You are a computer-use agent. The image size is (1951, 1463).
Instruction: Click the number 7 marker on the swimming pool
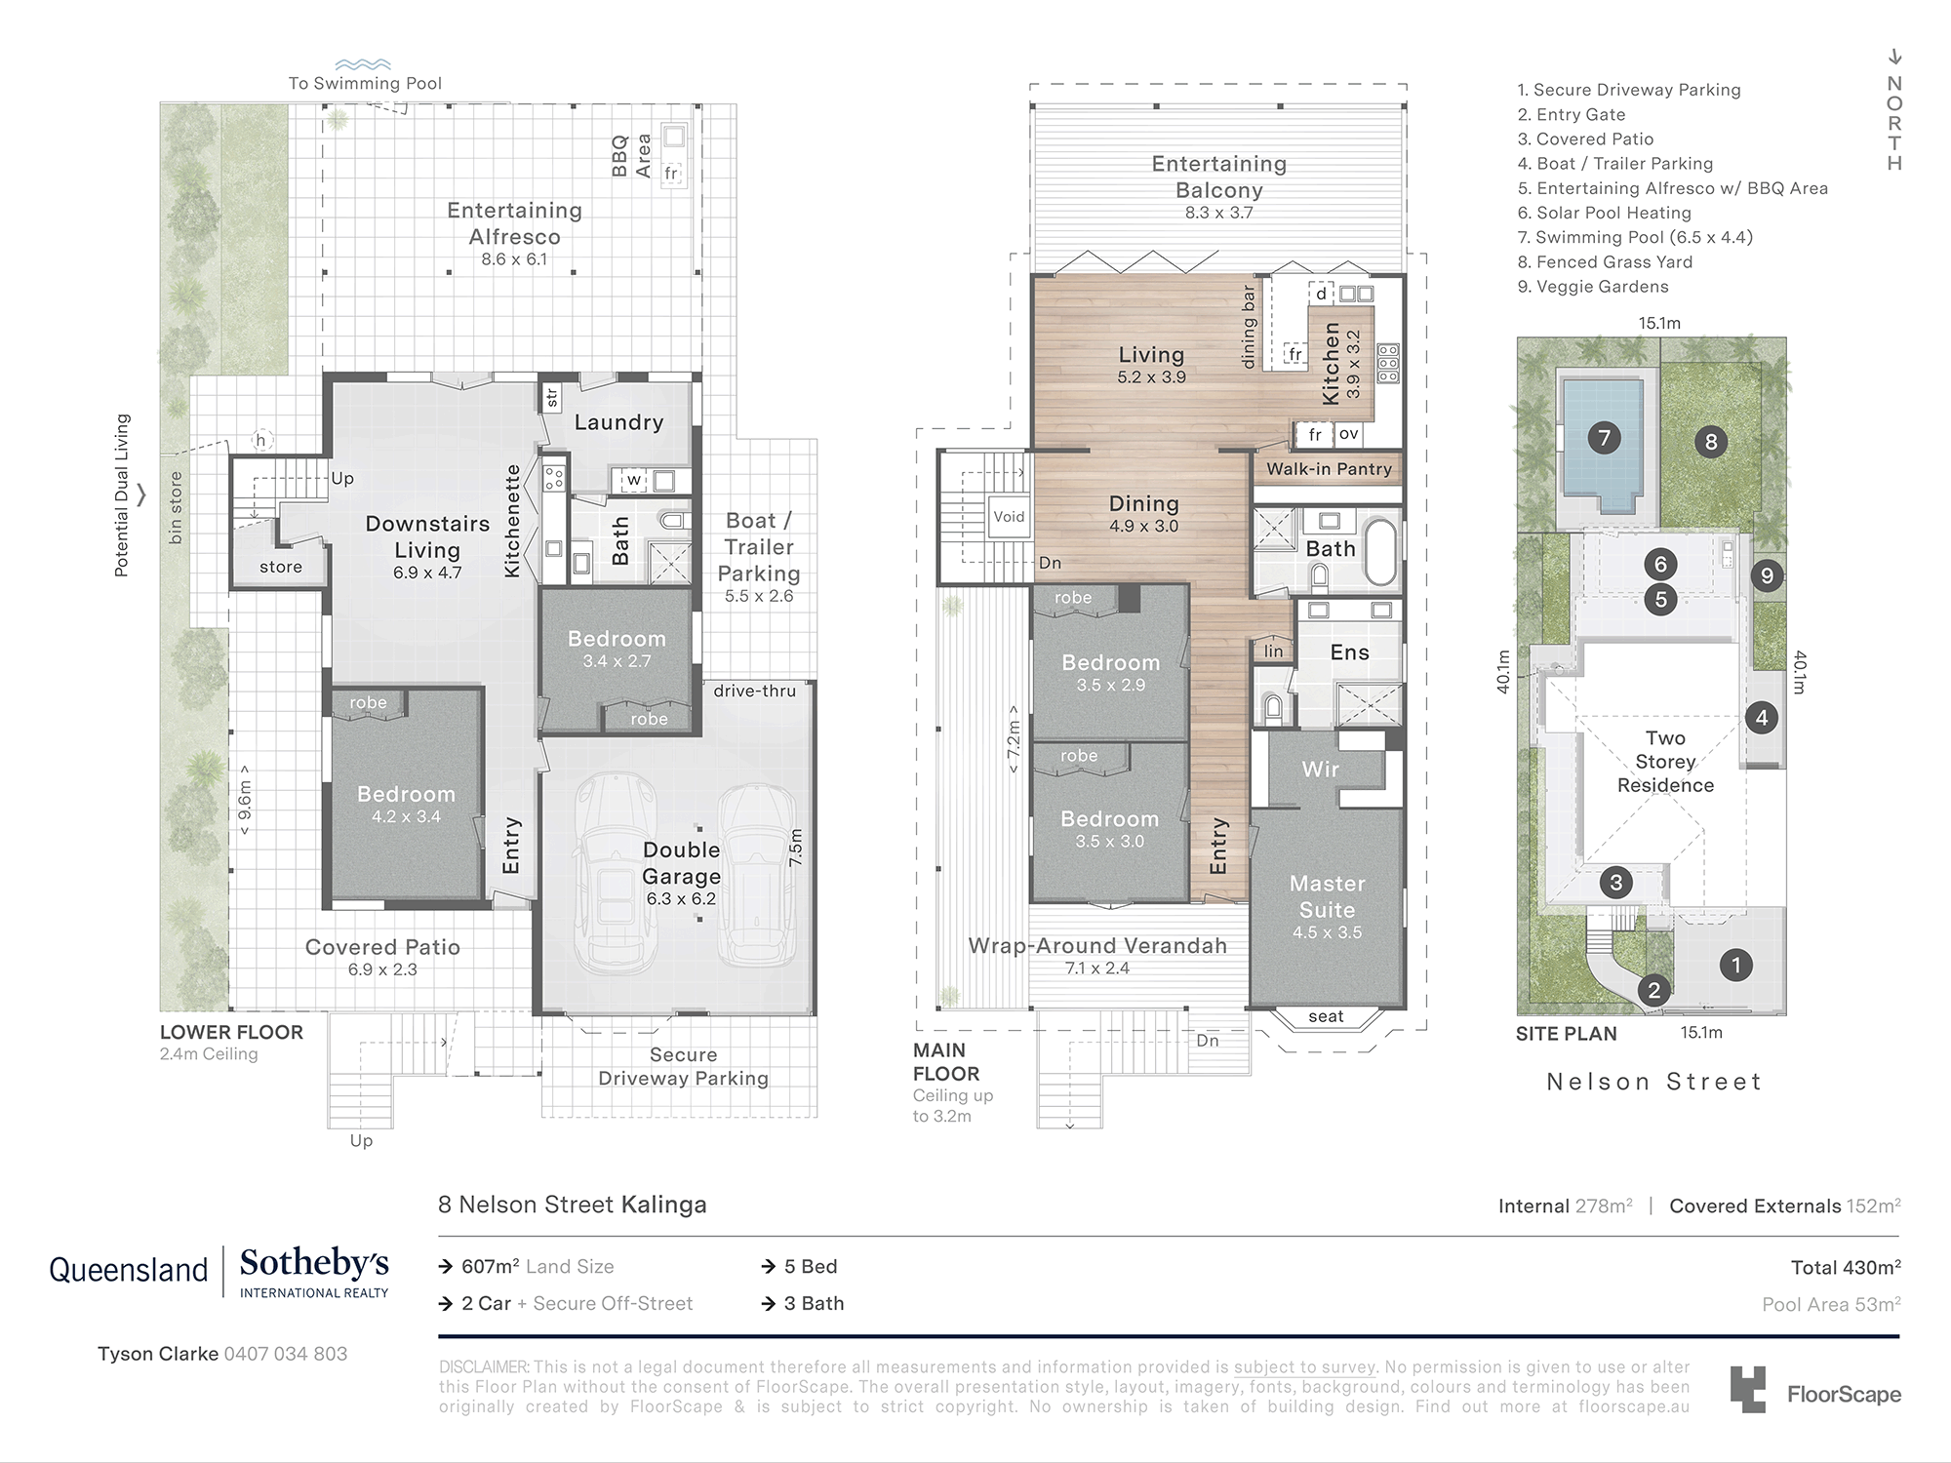click(x=1605, y=438)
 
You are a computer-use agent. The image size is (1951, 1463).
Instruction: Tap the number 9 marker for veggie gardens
click(x=1767, y=575)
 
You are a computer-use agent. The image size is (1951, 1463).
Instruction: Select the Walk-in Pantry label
click(x=1329, y=469)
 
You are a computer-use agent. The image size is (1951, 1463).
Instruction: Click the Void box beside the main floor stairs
click(x=1009, y=517)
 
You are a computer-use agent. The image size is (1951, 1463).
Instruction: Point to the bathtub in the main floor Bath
click(x=1378, y=552)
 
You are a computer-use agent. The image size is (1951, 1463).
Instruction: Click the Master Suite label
click(x=1327, y=896)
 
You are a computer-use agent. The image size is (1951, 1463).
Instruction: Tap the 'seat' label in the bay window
click(x=1326, y=1016)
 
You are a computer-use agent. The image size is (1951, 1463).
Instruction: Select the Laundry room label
click(x=618, y=422)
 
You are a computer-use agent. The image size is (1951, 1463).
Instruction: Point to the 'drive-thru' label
click(x=754, y=691)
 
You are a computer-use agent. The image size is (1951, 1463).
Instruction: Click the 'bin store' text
click(x=176, y=508)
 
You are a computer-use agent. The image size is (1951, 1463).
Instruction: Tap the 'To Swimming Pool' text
click(x=365, y=84)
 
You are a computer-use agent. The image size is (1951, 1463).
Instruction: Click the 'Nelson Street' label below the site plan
click(x=1654, y=1082)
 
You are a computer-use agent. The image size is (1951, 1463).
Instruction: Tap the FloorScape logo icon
click(x=1748, y=1390)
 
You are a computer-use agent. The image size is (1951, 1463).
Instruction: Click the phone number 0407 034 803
click(x=285, y=1354)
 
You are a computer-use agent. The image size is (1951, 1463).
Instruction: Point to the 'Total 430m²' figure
click(x=1846, y=1268)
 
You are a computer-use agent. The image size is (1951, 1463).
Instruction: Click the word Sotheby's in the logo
click(x=314, y=1264)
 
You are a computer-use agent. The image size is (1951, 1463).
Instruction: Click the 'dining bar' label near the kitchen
click(x=1249, y=327)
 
